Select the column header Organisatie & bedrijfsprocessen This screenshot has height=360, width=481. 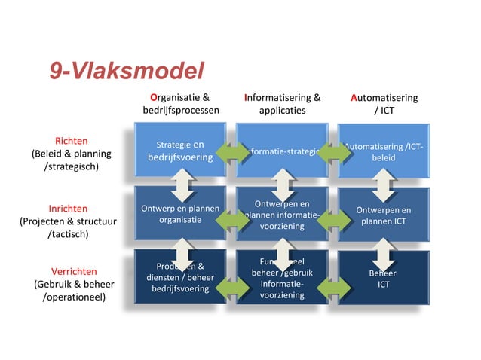coord(181,104)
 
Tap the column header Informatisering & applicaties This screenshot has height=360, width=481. coord(282,104)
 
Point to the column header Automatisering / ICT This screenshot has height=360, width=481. coord(384,104)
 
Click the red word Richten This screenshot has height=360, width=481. coord(72,141)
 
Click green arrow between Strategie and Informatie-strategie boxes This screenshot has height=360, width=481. coord(230,151)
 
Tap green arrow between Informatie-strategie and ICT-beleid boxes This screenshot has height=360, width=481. coord(333,151)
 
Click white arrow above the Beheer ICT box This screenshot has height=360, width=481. coord(384,249)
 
